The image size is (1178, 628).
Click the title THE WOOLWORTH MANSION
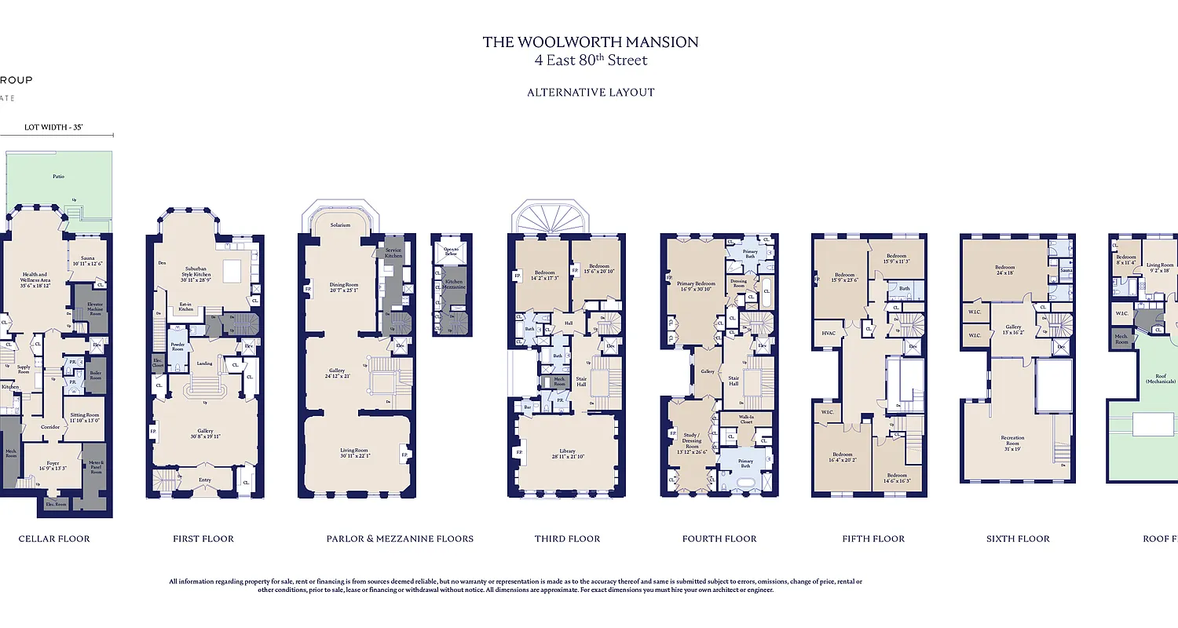pyautogui.click(x=591, y=42)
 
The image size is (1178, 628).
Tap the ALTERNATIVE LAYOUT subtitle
pyautogui.click(x=591, y=92)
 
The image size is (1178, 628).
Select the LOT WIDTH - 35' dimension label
pyautogui.click(x=54, y=126)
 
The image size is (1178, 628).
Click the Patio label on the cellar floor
pyautogui.click(x=59, y=177)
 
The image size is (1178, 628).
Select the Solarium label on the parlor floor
pyautogui.click(x=340, y=225)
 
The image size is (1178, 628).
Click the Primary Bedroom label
pyautogui.click(x=696, y=284)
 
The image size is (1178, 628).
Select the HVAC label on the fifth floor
pyautogui.click(x=828, y=333)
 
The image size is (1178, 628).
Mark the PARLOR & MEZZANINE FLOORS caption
pyautogui.click(x=400, y=539)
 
